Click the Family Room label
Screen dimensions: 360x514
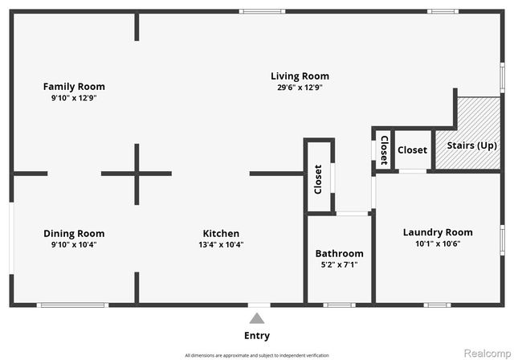coord(74,87)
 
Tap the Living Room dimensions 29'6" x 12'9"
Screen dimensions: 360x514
coord(300,88)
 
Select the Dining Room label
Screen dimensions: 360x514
coord(74,234)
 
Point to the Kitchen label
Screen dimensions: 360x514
coord(221,234)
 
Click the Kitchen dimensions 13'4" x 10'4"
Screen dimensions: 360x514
coord(221,245)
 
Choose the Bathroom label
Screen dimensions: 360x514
coord(339,254)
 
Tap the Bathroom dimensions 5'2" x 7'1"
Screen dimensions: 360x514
coord(339,264)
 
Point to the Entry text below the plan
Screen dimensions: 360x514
coord(257,336)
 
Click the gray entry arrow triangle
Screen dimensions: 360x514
coord(257,318)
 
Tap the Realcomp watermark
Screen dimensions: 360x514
coord(487,352)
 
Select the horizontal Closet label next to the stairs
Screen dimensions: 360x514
coord(413,150)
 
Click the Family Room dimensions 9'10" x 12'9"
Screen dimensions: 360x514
coord(74,98)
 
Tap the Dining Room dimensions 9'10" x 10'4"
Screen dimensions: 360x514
coord(74,245)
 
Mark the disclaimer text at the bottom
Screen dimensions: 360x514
coord(256,355)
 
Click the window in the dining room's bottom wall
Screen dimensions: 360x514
coord(74,305)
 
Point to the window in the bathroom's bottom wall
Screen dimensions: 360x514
coord(340,305)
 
